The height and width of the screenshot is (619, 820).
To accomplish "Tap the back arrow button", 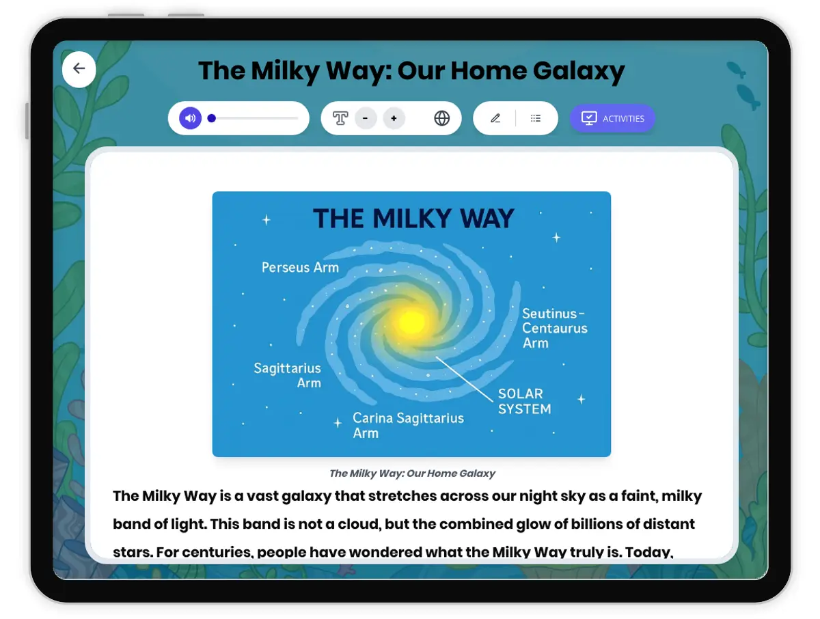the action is click(79, 69).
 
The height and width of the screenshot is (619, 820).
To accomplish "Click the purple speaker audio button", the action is click(190, 118).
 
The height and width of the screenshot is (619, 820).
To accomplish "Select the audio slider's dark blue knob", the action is click(211, 118).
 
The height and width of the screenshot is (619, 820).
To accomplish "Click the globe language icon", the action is click(441, 118).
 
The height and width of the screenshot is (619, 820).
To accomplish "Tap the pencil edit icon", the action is click(495, 118).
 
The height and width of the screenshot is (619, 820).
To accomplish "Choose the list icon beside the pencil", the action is click(535, 118).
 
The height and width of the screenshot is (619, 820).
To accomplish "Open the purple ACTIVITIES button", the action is click(612, 118).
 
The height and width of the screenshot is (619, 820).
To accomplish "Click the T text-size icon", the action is click(340, 118).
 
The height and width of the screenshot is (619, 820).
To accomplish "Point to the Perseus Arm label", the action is click(300, 267).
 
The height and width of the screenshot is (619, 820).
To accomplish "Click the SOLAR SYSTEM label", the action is click(525, 401).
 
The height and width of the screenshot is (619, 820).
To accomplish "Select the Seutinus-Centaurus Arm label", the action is click(555, 328).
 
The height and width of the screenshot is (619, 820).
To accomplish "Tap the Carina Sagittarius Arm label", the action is click(408, 426).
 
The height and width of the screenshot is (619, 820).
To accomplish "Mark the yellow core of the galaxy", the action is click(411, 322).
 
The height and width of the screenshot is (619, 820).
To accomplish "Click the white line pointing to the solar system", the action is click(464, 379).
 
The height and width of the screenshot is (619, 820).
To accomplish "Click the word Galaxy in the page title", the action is click(579, 71).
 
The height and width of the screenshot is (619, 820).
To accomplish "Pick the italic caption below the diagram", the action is click(412, 473).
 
